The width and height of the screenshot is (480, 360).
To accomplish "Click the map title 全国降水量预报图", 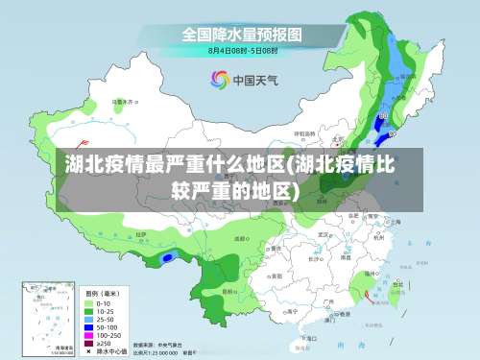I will coord(242,35).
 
